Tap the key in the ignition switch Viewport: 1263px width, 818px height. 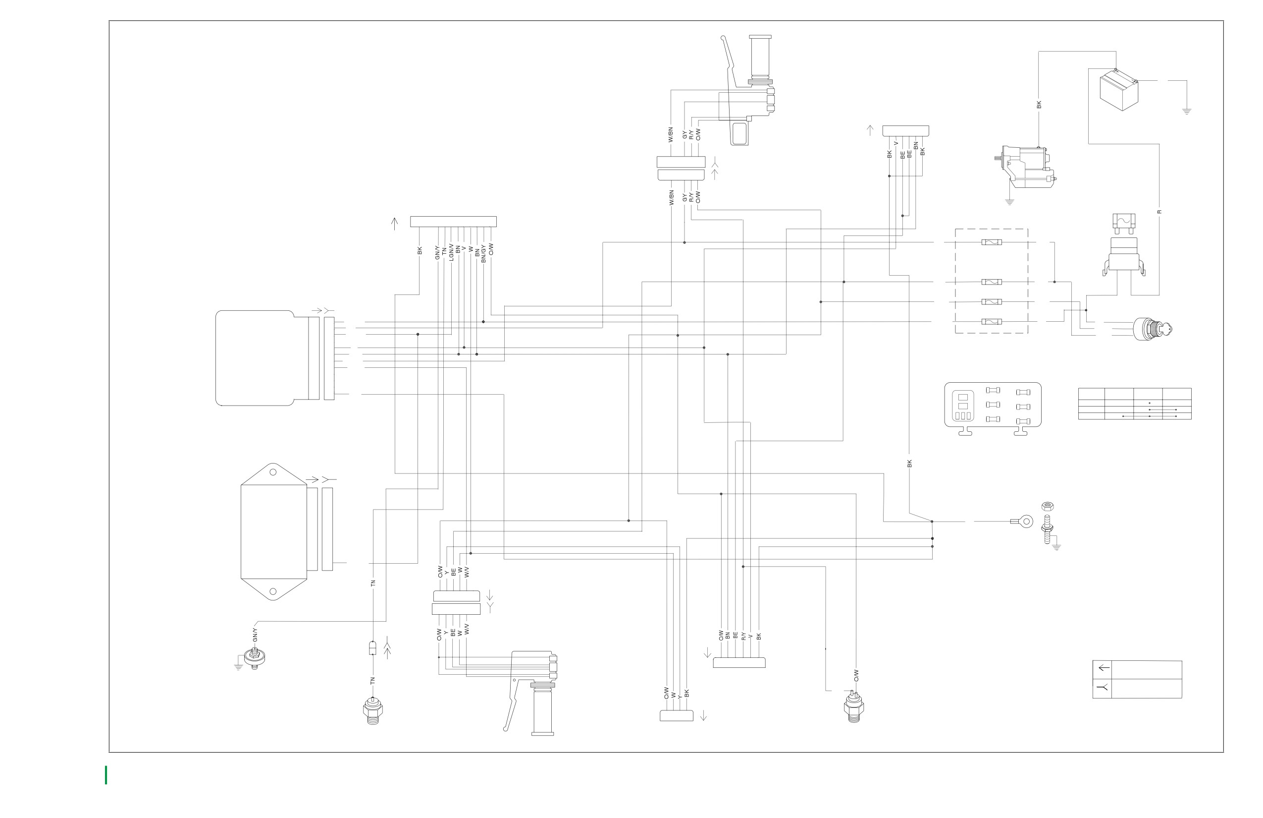coord(1166,330)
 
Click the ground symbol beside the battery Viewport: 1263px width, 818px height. coord(1187,112)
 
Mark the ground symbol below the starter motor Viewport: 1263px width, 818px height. coord(1009,202)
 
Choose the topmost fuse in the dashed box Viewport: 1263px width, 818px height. coord(991,242)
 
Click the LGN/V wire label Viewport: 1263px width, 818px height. coord(451,252)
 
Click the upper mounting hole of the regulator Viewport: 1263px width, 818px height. coord(273,472)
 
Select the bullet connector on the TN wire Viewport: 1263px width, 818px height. coord(372,648)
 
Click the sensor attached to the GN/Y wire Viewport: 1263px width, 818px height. coord(255,659)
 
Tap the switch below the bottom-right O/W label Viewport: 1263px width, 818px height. coord(854,707)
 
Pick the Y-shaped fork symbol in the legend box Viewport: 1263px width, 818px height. coord(1103,688)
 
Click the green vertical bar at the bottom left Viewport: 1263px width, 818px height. coord(106,775)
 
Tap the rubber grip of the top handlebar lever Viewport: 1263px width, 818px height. coord(760,55)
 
